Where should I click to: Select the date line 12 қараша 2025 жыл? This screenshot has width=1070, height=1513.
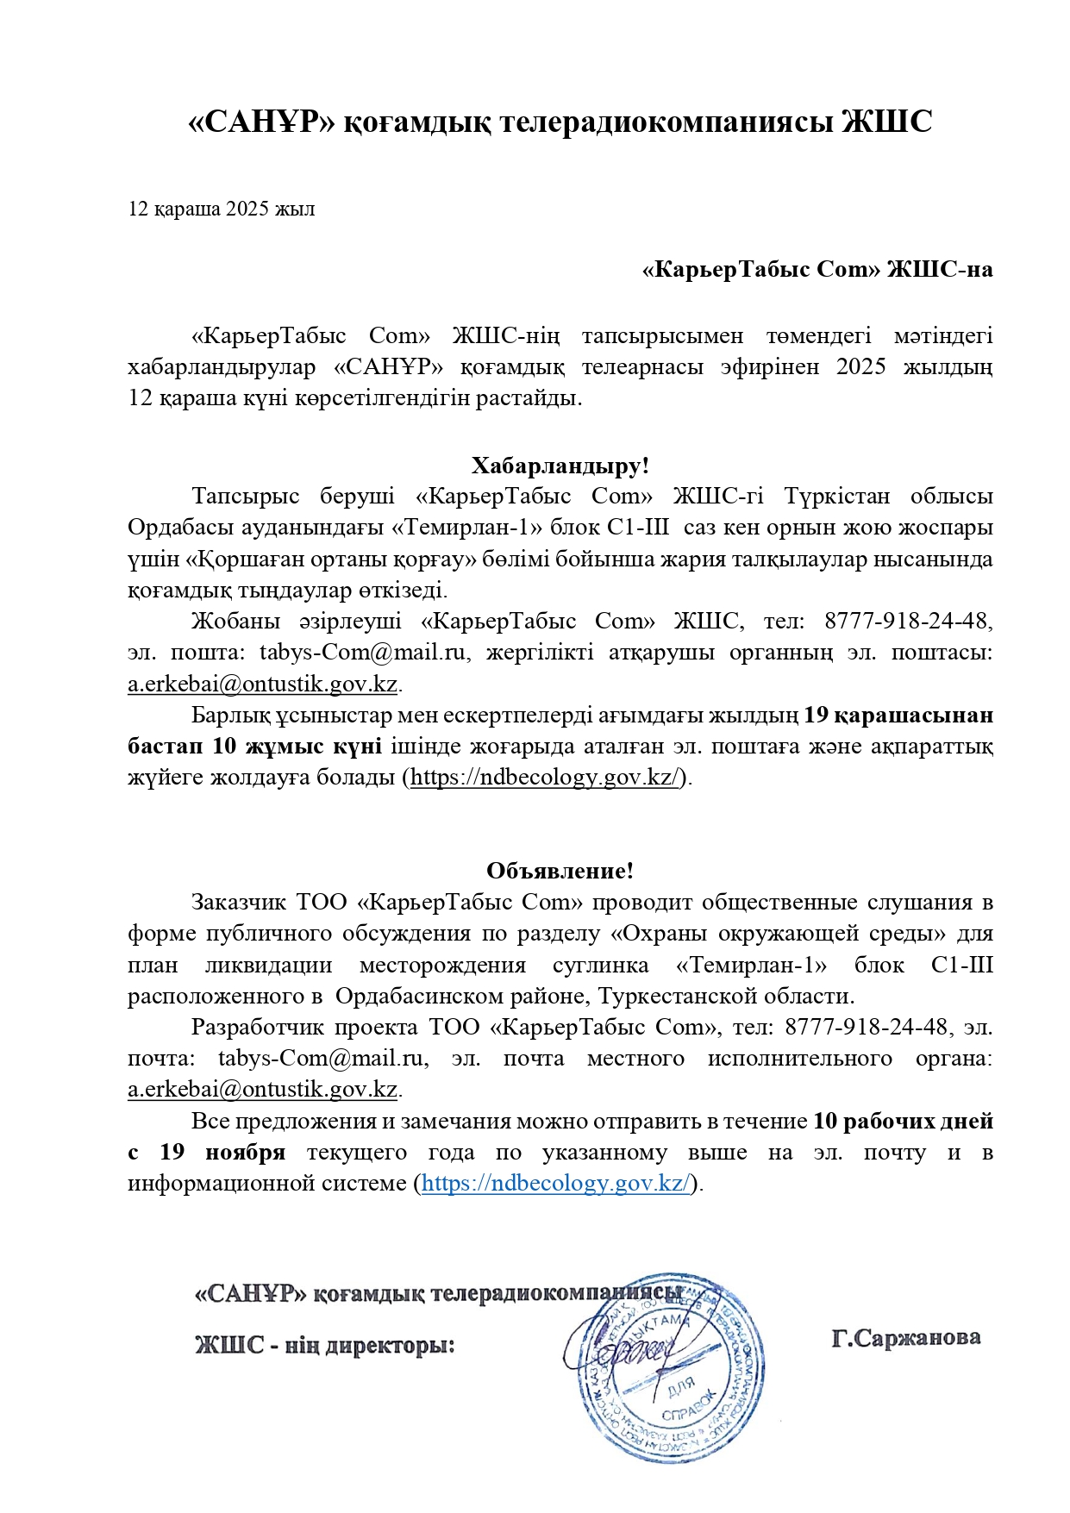(221, 209)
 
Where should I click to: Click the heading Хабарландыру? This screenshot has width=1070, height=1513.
(560, 466)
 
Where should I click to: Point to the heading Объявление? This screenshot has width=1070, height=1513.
(560, 871)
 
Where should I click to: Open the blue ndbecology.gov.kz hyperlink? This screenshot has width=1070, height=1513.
(556, 1184)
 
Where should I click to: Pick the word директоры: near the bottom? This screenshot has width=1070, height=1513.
(389, 1345)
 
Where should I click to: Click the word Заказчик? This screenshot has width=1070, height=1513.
(238, 903)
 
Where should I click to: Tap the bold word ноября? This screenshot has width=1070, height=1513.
(245, 1153)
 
